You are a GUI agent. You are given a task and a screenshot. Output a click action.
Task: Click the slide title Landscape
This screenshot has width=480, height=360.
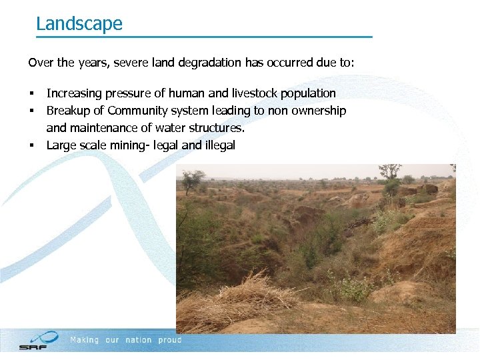tap(79, 24)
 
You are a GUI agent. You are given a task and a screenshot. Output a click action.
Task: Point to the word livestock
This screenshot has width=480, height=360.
tap(257, 93)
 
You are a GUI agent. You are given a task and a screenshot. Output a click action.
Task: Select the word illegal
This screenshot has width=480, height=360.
tap(220, 145)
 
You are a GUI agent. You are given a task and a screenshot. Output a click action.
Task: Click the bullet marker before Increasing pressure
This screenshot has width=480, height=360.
tap(31, 94)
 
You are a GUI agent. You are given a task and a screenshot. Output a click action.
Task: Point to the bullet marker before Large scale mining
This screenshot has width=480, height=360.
tap(31, 145)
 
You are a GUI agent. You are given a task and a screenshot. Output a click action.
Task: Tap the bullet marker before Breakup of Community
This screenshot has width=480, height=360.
tap(31, 111)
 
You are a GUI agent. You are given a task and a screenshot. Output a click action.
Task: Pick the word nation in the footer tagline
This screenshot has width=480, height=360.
tap(139, 340)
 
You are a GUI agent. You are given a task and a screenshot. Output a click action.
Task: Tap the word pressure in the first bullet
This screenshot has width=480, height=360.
tap(120, 93)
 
